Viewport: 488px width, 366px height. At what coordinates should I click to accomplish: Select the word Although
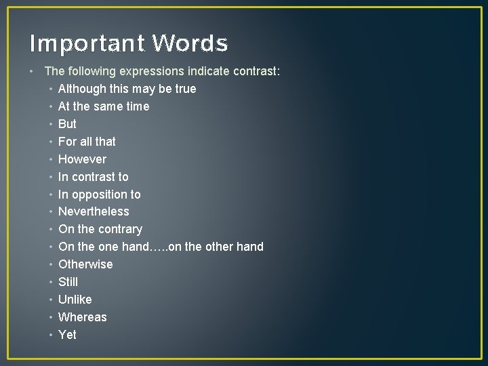[82, 89]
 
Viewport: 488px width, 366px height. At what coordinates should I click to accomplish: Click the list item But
[67, 124]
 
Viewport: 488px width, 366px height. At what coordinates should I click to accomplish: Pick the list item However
[82, 159]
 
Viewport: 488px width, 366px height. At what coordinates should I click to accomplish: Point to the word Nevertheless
[94, 211]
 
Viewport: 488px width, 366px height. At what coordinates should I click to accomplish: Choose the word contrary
[120, 229]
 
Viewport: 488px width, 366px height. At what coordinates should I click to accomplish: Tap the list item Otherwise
[85, 264]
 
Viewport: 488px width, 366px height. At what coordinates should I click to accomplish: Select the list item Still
[68, 282]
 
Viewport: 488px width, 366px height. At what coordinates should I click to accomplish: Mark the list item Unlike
[75, 300]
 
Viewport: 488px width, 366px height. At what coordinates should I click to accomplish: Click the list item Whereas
[82, 317]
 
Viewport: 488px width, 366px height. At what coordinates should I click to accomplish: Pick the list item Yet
[67, 335]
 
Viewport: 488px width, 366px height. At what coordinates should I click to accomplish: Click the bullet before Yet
[51, 335]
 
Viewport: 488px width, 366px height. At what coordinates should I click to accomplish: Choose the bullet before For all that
[51, 142]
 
